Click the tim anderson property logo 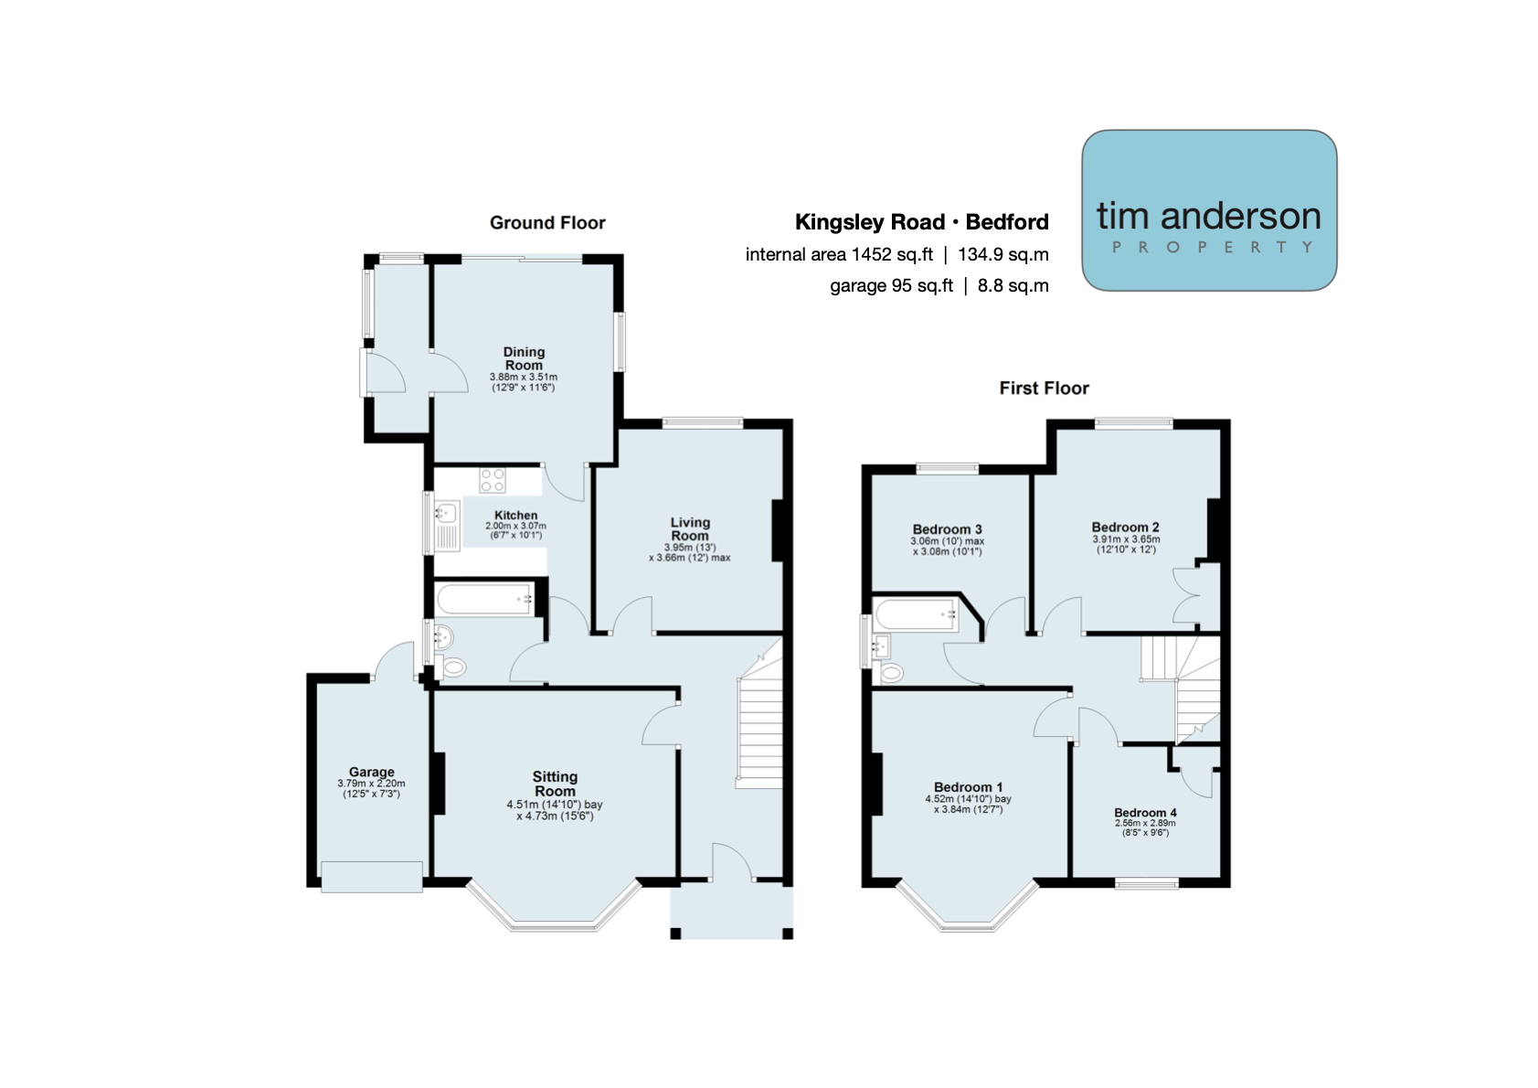pyautogui.click(x=1209, y=210)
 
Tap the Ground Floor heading pyautogui.click(x=547, y=222)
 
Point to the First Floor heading pyautogui.click(x=1044, y=388)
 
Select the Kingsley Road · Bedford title pyautogui.click(x=921, y=222)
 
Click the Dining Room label pyautogui.click(x=524, y=358)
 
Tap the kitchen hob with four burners pyautogui.click(x=493, y=480)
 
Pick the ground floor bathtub pyautogui.click(x=484, y=599)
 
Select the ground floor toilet pyautogui.click(x=451, y=667)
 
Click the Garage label pyautogui.click(x=371, y=772)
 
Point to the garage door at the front pyautogui.click(x=371, y=877)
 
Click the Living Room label pyautogui.click(x=690, y=528)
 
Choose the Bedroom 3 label pyautogui.click(x=947, y=528)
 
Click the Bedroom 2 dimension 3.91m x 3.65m pyautogui.click(x=1126, y=539)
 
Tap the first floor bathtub pyautogui.click(x=916, y=614)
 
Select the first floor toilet pyautogui.click(x=890, y=672)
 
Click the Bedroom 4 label pyautogui.click(x=1145, y=813)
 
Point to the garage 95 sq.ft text pyautogui.click(x=891, y=286)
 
